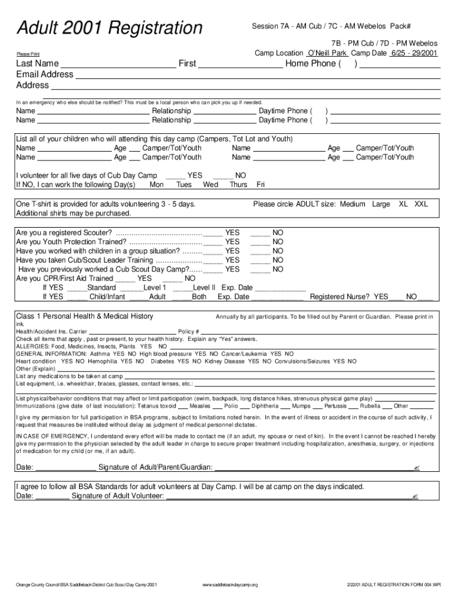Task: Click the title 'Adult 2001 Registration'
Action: click(x=109, y=28)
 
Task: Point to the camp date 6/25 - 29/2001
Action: click(x=413, y=53)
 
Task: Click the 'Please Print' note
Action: click(x=28, y=55)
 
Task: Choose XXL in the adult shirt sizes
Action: click(x=421, y=204)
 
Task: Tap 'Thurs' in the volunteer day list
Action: click(x=238, y=185)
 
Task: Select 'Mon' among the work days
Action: click(x=157, y=185)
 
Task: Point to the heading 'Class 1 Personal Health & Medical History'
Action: click(x=85, y=316)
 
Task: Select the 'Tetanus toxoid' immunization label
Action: click(x=156, y=406)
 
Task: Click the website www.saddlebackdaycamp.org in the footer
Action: click(x=230, y=585)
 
